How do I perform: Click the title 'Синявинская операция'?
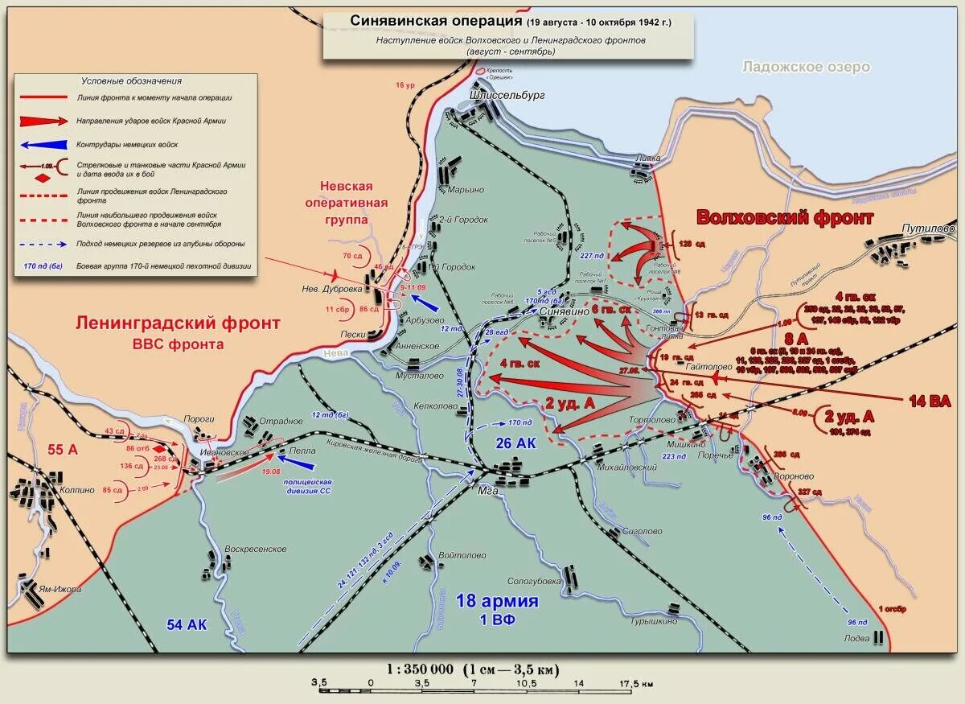coord(434,21)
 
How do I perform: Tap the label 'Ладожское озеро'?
coord(806,67)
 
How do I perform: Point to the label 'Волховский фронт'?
coord(785,217)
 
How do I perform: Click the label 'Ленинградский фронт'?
coord(179,323)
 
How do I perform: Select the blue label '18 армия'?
coord(497,601)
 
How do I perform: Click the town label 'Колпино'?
coord(76,490)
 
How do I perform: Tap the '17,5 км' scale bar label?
coord(636,684)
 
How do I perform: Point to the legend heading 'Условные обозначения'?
coord(131,80)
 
